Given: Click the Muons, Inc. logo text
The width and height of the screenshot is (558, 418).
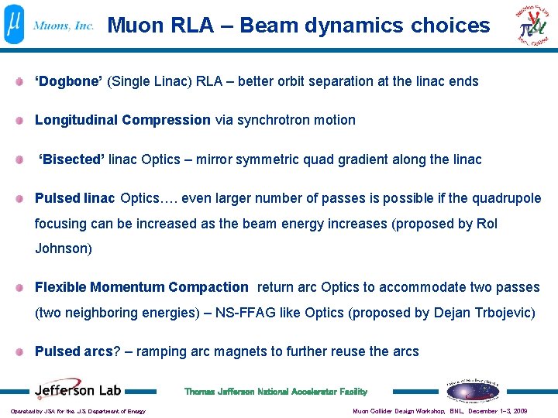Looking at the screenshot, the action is [x=64, y=26].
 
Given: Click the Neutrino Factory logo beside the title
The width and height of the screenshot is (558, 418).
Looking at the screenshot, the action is [x=536, y=26].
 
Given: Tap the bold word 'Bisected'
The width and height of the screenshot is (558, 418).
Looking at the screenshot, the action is [x=72, y=159].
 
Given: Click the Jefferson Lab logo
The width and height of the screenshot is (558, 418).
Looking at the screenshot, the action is [x=76, y=390].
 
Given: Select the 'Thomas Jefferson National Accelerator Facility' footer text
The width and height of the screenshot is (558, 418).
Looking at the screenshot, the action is [x=276, y=392].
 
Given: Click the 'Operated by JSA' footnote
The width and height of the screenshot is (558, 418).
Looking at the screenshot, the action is [x=77, y=411].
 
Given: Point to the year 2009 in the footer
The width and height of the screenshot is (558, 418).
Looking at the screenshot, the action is [x=519, y=411].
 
